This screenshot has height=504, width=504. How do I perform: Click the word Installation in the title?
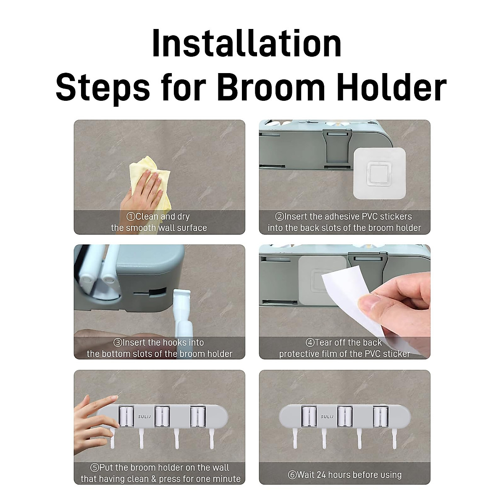(x=247, y=44)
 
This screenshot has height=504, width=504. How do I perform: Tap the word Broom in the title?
(x=271, y=88)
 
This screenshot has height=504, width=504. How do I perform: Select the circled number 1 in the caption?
(x=131, y=217)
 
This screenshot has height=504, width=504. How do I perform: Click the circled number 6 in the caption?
(x=292, y=475)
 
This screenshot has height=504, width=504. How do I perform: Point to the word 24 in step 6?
(x=321, y=475)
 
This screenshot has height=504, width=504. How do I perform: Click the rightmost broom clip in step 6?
(x=380, y=417)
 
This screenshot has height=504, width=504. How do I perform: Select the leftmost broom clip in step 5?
(x=126, y=417)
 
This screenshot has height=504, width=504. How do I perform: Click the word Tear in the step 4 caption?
(x=323, y=343)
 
